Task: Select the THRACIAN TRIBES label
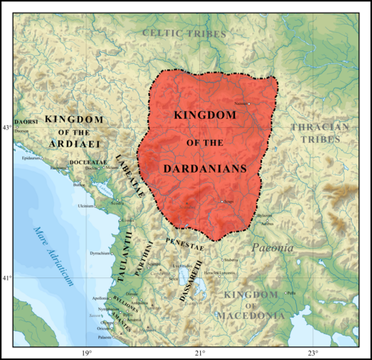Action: tap(319, 133)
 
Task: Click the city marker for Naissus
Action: tap(250, 103)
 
